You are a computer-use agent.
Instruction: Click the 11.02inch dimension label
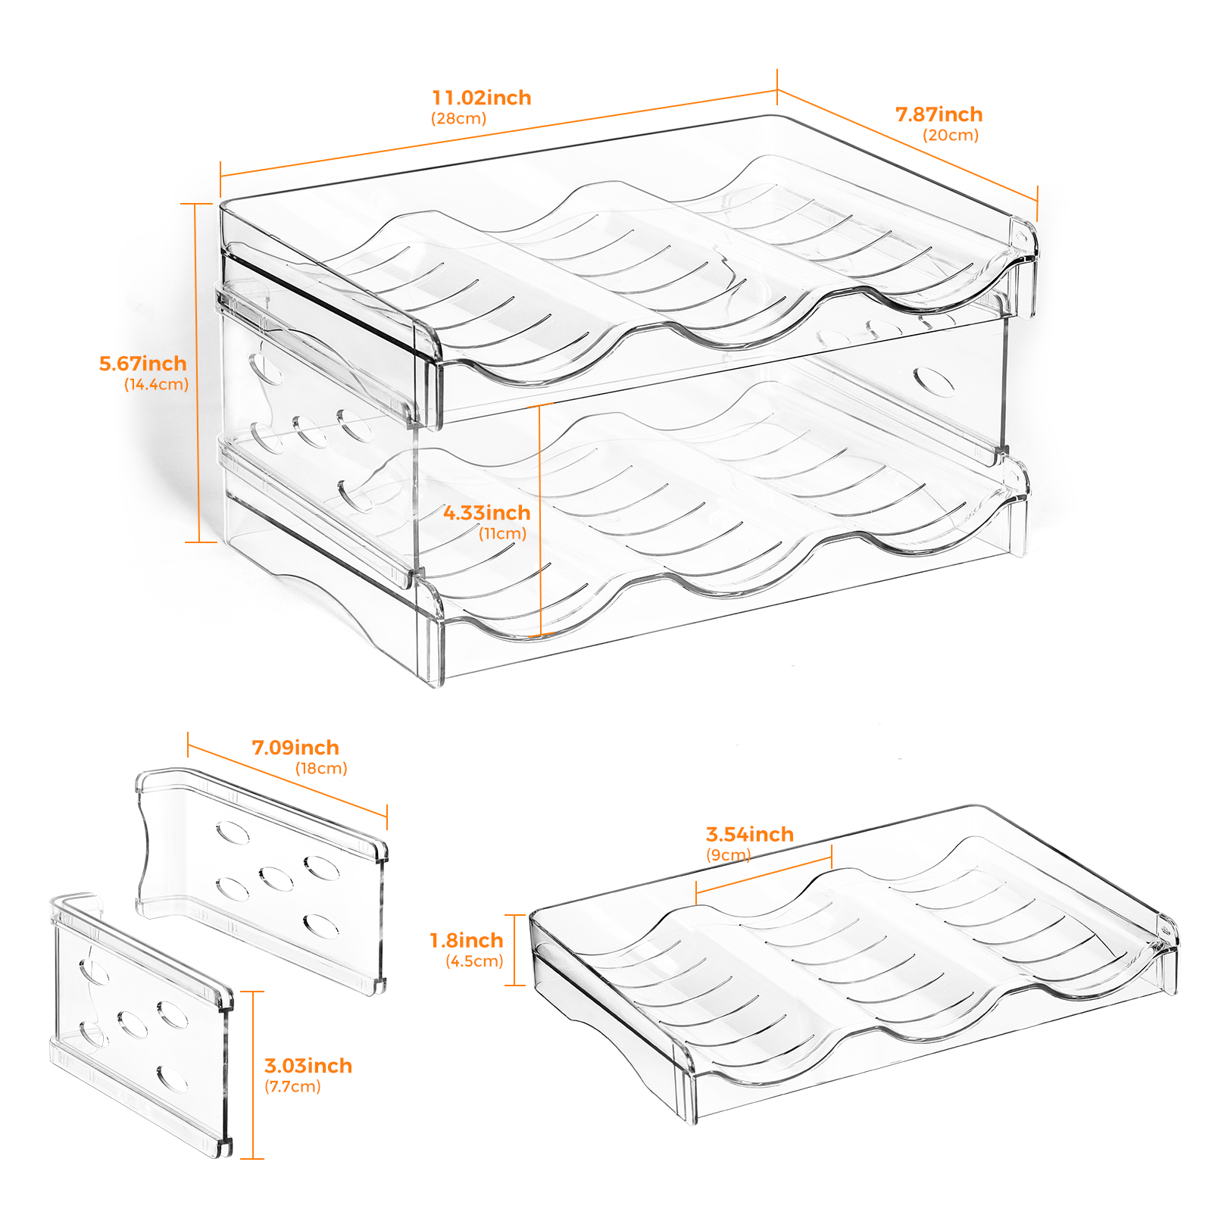482,98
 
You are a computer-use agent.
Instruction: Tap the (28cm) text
459,118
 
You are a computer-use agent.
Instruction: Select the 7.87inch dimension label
939,114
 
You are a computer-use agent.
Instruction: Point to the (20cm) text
951,135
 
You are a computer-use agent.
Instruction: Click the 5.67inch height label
143,364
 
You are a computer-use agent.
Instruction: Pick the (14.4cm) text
156,384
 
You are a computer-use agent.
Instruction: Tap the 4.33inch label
487,513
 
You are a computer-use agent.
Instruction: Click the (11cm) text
502,533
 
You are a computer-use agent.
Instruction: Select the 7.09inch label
295,748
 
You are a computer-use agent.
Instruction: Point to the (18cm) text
321,768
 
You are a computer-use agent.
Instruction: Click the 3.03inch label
308,1066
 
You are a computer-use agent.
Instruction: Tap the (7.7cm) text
292,1086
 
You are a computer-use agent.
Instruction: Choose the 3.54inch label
750,834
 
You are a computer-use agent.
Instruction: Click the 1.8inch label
467,940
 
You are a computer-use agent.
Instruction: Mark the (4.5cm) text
474,961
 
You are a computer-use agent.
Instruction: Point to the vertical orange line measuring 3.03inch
253,1075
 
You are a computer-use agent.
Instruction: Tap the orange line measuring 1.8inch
515,950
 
